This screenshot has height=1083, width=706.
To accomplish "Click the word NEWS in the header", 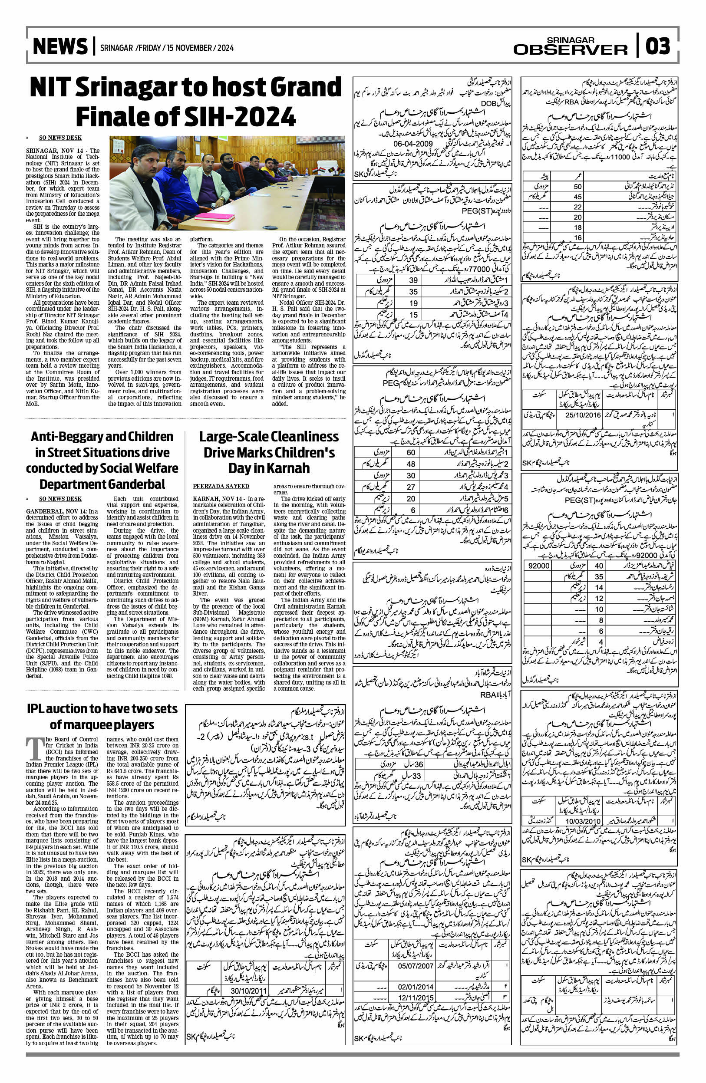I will coord(60,47).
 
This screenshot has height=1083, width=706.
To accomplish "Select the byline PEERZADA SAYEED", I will coord(221,486).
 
